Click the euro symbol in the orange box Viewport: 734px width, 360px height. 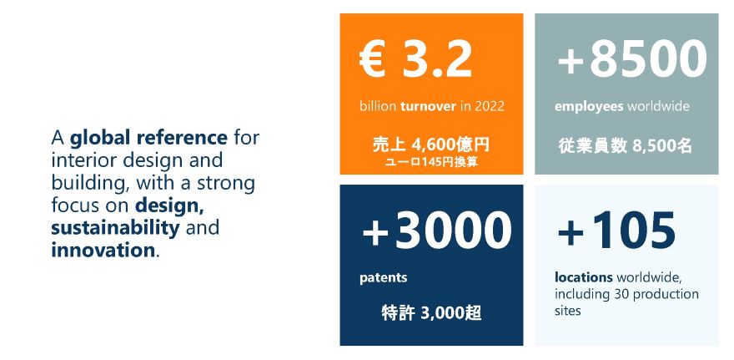coord(372,59)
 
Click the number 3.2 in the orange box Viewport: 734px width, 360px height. coord(437,59)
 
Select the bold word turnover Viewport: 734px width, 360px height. coord(428,106)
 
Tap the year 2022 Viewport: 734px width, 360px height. coord(490,106)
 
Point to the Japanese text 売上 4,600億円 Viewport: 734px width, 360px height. coord(431,145)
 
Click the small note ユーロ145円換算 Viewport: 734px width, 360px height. coord(431,163)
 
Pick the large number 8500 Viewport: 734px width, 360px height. coord(648,59)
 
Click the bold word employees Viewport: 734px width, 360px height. coord(589,107)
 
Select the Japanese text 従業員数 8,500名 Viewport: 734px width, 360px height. coord(625,146)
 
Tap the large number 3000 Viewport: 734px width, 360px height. coord(453,231)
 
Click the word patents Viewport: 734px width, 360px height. coord(384,278)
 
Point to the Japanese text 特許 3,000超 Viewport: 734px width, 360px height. coord(431,313)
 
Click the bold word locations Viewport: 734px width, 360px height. coord(584,277)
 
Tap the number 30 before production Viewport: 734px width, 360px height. coord(617,294)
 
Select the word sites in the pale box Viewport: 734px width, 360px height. coord(568,311)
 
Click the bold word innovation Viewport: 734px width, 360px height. coord(103,251)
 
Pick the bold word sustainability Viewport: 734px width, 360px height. coord(115,228)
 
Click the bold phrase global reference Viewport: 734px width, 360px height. coord(148,138)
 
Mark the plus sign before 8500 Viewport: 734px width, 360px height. coord(571,62)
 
